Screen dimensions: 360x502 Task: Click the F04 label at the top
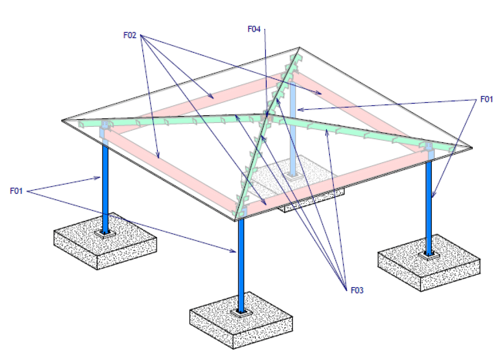[253, 29]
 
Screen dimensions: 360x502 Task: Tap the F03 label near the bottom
[357, 290]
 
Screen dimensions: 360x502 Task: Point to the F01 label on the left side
[17, 191]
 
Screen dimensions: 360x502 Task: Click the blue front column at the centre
[241, 264]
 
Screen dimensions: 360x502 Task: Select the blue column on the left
[105, 186]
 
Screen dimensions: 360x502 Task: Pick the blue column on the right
[428, 206]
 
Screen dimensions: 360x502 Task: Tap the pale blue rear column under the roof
[293, 127]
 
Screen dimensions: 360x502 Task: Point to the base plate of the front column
[241, 312]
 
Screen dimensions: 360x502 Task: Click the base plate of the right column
[429, 255]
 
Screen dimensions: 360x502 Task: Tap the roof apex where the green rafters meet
[268, 117]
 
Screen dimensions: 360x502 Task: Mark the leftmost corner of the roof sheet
[63, 120]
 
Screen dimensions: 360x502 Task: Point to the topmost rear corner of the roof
[300, 48]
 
